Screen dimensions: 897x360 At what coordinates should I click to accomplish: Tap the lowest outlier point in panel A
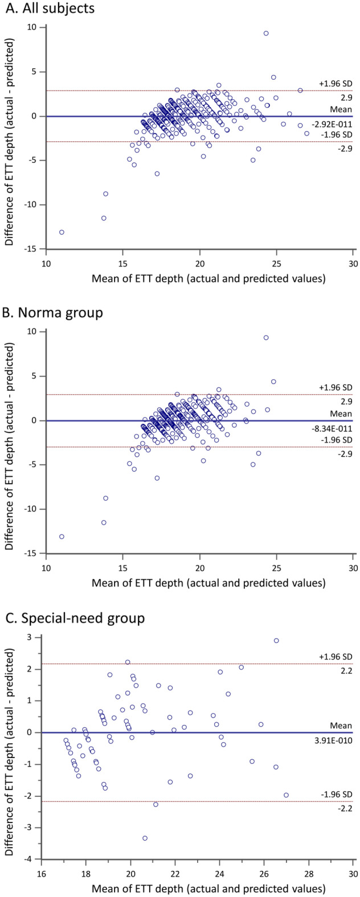point(62,232)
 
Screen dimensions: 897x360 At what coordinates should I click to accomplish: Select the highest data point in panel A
point(266,34)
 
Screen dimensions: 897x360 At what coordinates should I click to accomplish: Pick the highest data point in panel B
point(266,338)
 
